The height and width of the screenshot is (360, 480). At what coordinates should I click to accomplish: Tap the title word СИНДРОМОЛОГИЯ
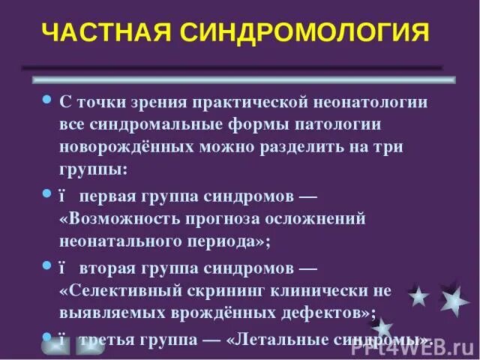click(x=302, y=33)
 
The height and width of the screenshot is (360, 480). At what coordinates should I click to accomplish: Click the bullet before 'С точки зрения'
click(x=46, y=100)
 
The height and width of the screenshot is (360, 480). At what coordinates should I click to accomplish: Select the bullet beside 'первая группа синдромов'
click(x=46, y=193)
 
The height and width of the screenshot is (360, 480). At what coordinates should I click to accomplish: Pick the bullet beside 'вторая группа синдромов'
click(x=46, y=265)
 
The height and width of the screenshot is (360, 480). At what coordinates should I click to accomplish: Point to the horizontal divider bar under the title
click(x=243, y=78)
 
